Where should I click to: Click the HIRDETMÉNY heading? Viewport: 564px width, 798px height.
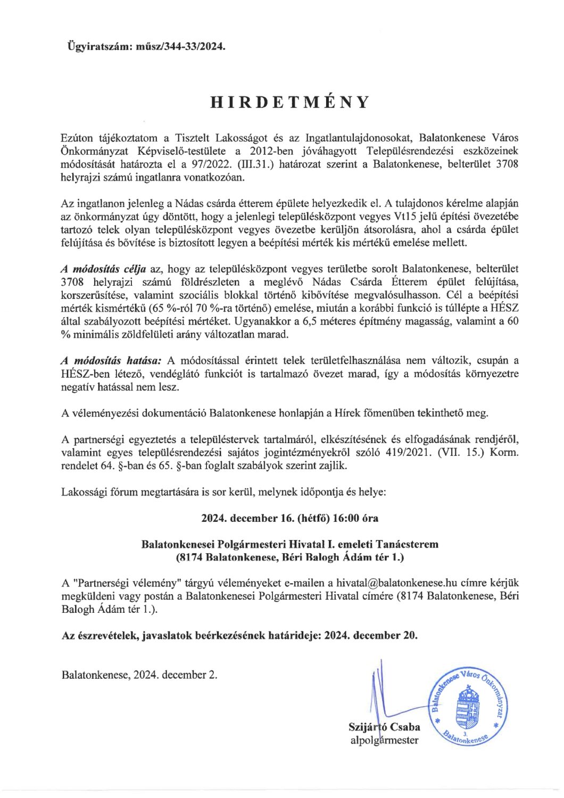coord(289,102)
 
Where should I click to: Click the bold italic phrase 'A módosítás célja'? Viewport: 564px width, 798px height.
coord(104,269)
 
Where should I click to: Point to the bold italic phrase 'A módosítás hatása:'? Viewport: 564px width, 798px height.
coord(112,361)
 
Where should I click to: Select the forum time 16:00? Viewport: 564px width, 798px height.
coord(346,518)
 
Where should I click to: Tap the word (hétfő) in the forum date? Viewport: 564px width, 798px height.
coord(312,518)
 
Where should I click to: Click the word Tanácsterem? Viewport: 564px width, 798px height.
coord(407,544)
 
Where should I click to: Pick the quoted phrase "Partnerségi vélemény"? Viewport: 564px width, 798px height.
coord(128,583)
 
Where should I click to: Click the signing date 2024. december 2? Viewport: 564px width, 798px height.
coord(176,675)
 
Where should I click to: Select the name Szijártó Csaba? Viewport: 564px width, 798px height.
coord(384,727)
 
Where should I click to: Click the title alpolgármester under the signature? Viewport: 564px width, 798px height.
coord(384,740)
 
